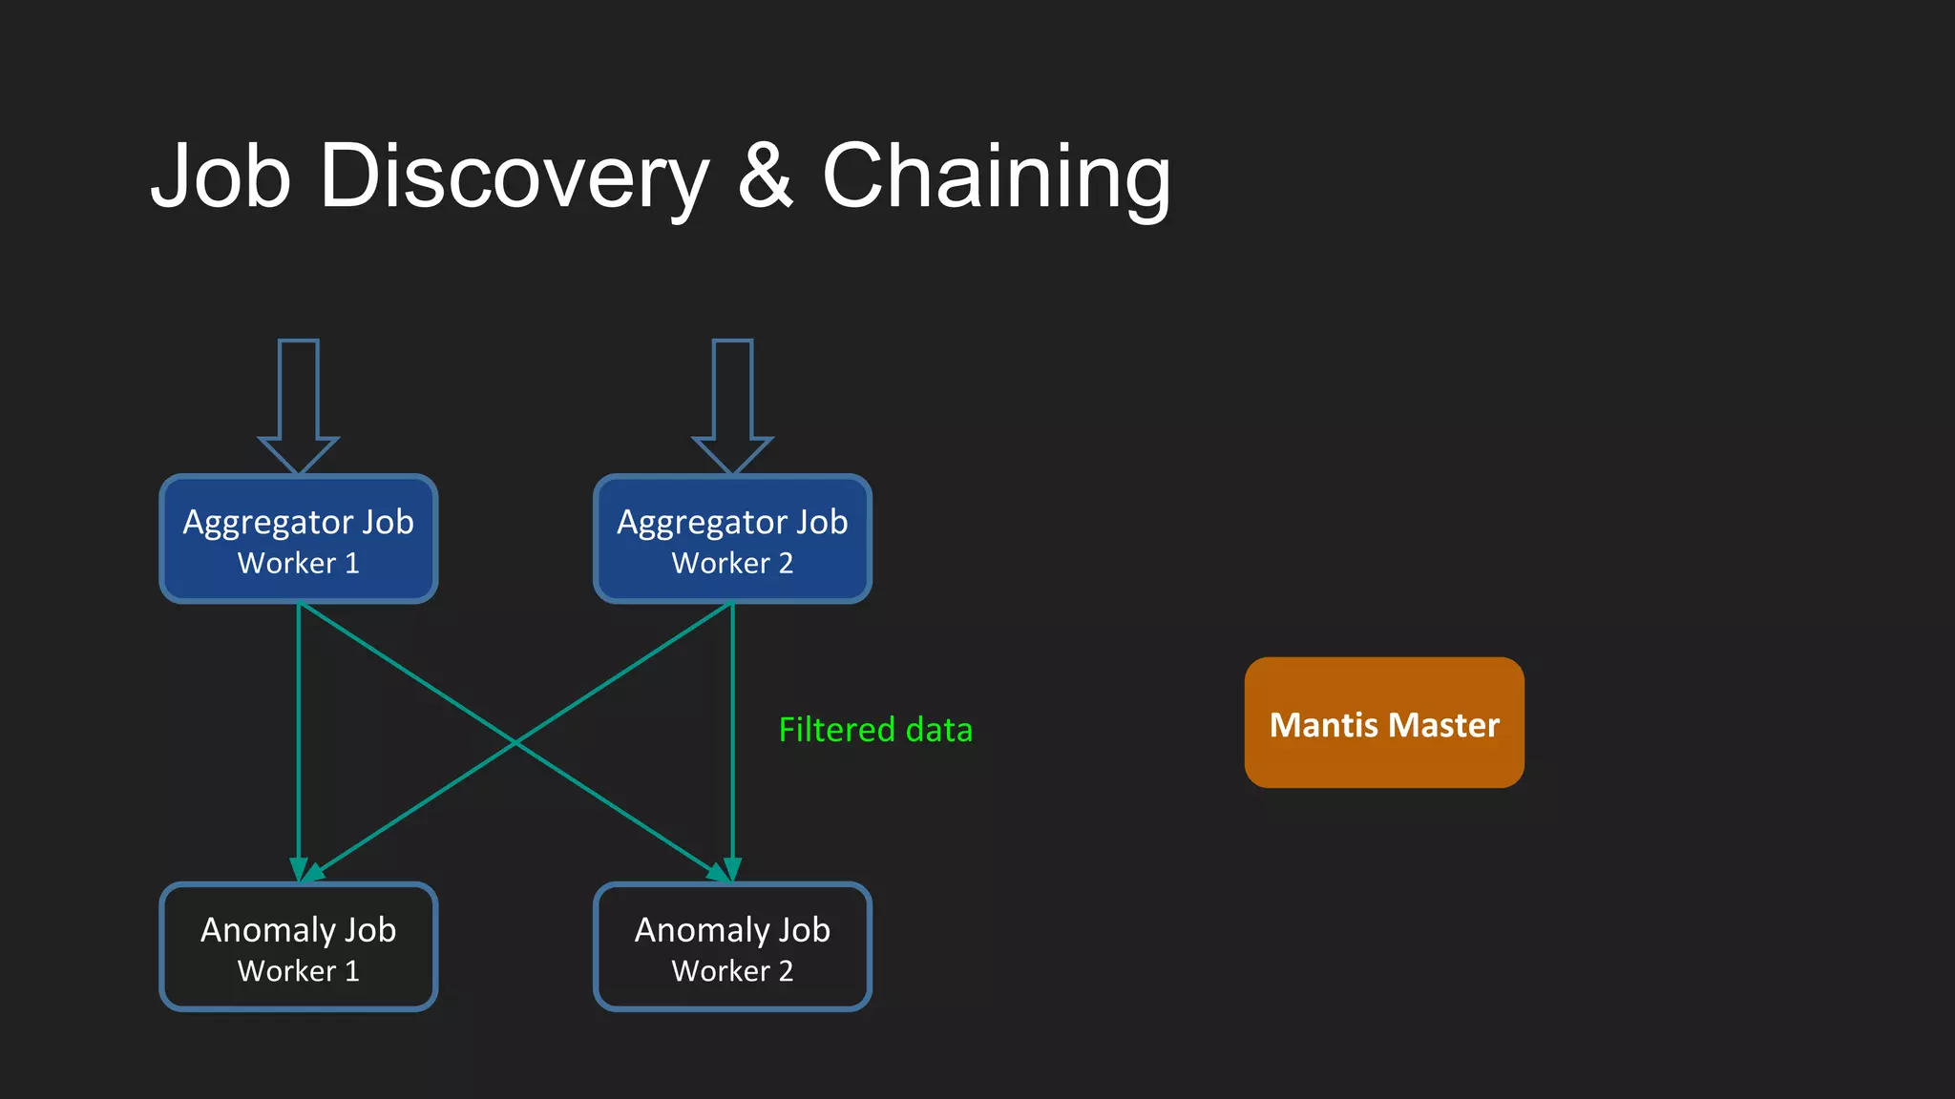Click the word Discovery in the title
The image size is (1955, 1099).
pyautogui.click(x=515, y=176)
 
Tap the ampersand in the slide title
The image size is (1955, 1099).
pyautogui.click(x=765, y=176)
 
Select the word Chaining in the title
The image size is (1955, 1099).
pyautogui.click(x=996, y=176)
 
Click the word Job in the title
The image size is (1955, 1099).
pyautogui.click(x=221, y=176)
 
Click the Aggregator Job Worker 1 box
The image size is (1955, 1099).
pyautogui.click(x=299, y=539)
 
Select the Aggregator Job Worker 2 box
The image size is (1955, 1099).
pyautogui.click(x=732, y=539)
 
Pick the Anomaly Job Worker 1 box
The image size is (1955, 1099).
pyautogui.click(x=299, y=946)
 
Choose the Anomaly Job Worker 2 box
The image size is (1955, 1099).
pyautogui.click(x=732, y=946)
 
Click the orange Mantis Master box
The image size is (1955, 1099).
pyautogui.click(x=1384, y=722)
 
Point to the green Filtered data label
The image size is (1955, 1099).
pyautogui.click(x=875, y=730)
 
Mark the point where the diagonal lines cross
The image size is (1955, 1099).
pyautogui.click(x=515, y=742)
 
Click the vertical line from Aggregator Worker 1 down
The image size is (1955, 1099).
pyautogui.click(x=299, y=735)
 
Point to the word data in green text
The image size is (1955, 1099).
pyautogui.click(x=938, y=730)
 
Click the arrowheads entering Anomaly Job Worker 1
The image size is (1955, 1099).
pyautogui.click(x=304, y=870)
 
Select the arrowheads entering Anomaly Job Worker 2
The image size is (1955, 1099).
pyautogui.click(x=726, y=870)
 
